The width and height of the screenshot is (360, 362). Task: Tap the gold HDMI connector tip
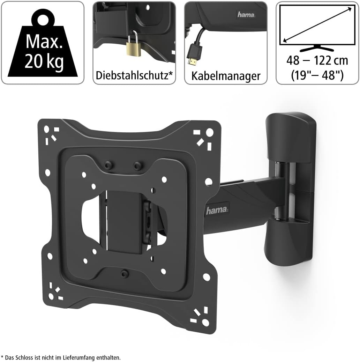(x=192, y=61)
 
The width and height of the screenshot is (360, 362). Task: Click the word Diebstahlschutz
(x=132, y=75)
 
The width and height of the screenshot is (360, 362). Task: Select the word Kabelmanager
(x=226, y=76)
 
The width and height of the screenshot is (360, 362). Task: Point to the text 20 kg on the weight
(x=44, y=61)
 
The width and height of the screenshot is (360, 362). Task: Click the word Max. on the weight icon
(x=44, y=42)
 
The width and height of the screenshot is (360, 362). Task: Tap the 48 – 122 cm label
(x=317, y=60)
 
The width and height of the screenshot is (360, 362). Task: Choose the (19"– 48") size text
(x=317, y=75)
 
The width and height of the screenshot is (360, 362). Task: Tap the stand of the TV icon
(x=317, y=48)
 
